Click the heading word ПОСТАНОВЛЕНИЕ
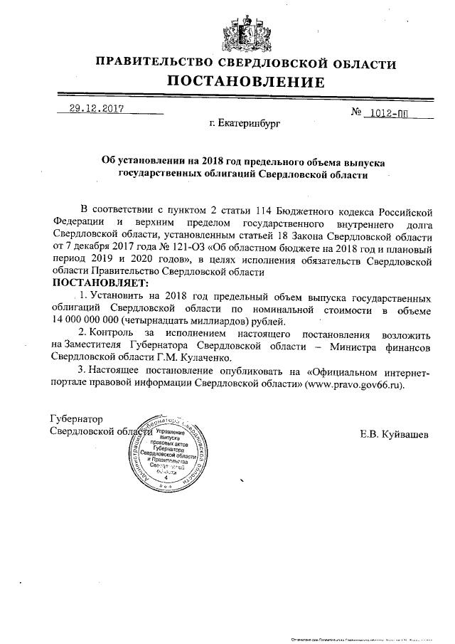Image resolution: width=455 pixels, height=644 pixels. [x=245, y=83]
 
